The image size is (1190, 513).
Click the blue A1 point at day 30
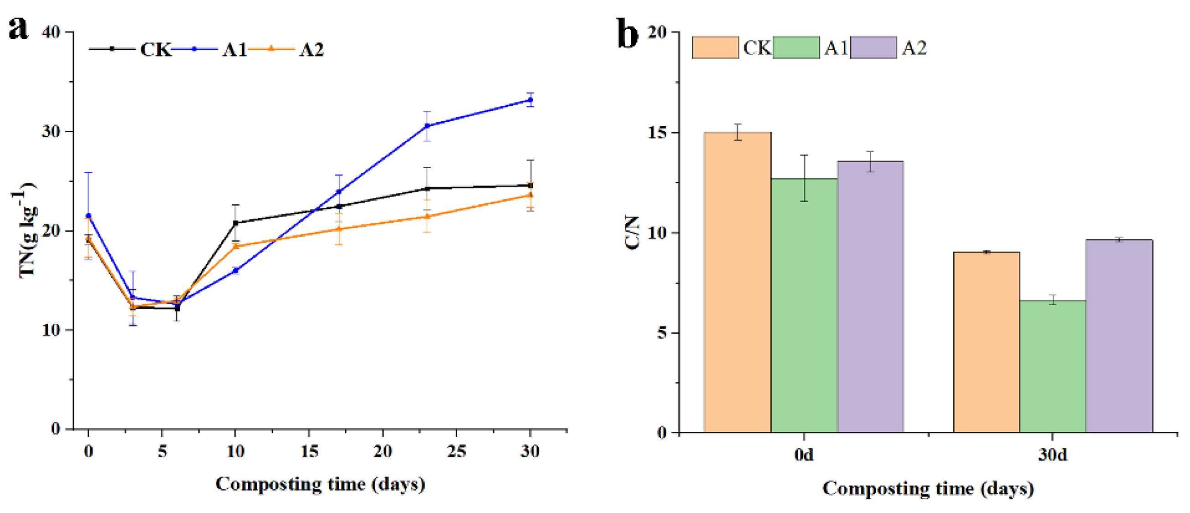pos(530,100)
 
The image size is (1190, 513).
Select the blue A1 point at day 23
pos(427,125)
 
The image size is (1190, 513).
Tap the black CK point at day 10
pos(236,223)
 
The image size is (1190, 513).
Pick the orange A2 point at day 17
pos(339,228)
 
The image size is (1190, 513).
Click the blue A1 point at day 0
pos(88,216)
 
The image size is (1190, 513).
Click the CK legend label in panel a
pos(156,49)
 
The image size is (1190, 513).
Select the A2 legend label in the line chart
pos(312,49)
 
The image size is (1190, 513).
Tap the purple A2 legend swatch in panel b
pos(873,47)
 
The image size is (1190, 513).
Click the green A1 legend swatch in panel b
pos(796,47)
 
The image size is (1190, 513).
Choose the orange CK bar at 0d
pos(737,282)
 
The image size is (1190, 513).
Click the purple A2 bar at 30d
pos(1119,336)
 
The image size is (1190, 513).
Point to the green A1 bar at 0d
pos(804,305)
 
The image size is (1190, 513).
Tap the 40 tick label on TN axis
pos(51,32)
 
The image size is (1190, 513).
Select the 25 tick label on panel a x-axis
pos(457,451)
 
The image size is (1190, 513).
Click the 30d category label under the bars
pos(1053,455)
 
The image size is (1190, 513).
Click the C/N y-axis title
pos(633,233)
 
